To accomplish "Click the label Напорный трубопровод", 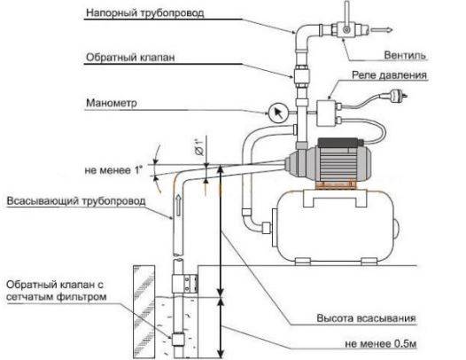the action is point(145,13).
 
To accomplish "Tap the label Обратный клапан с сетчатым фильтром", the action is point(57,291).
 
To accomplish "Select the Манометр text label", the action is point(112,103).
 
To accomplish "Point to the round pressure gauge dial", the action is point(278,113).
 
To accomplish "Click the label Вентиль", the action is point(405,55).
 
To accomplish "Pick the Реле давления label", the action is point(389,75).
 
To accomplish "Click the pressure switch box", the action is point(326,113).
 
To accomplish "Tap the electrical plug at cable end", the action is point(398,96).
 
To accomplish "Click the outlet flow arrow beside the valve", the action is point(382,30).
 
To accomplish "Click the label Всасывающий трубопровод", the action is point(76,200).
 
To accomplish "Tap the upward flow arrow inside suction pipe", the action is point(178,205).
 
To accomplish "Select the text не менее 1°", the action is point(113,170).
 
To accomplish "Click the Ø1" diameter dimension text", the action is point(199,147).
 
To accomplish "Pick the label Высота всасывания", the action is point(366,318).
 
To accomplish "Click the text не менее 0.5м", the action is point(381,344).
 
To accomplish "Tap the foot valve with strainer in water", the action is point(178,340).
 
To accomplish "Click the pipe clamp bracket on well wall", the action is point(185,284).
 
